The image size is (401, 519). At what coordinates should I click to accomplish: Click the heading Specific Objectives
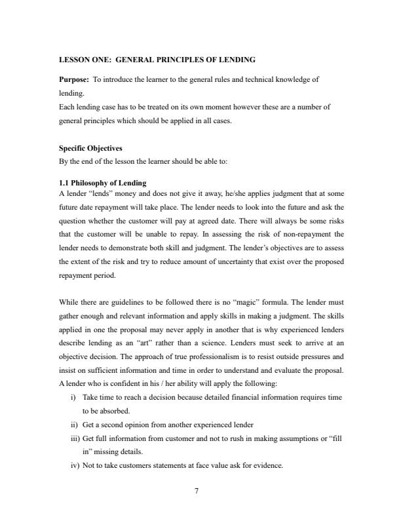pyautogui.click(x=88, y=149)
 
